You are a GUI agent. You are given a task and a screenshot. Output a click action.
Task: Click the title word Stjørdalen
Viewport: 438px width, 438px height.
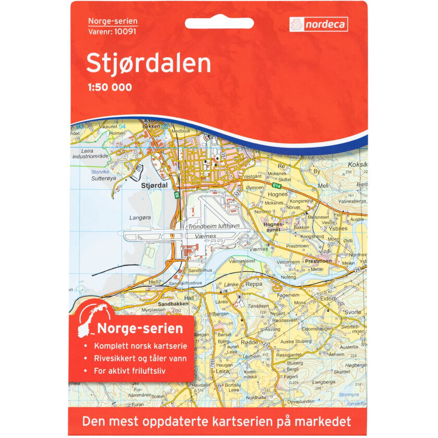click(x=149, y=64)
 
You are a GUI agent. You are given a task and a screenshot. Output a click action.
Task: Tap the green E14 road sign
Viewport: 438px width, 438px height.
click(x=276, y=185)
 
